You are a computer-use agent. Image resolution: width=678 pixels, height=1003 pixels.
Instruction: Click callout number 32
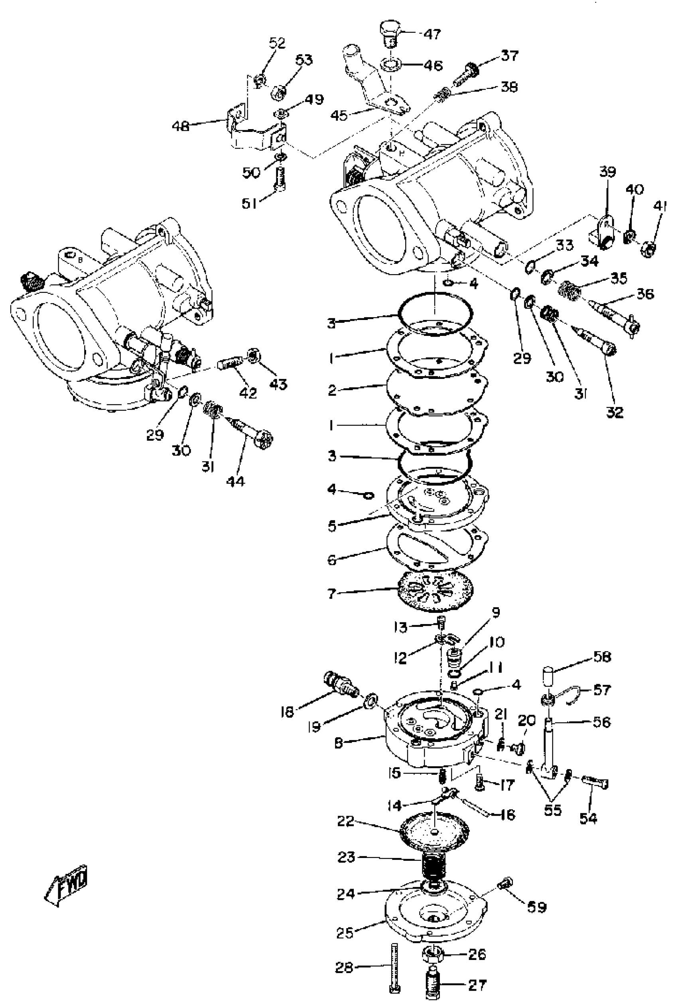click(x=615, y=412)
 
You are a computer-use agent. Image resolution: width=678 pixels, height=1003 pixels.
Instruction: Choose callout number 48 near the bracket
click(x=181, y=126)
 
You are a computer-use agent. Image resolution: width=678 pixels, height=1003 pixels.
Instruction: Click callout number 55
click(x=552, y=810)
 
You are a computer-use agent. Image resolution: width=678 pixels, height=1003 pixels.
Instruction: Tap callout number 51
click(x=249, y=203)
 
